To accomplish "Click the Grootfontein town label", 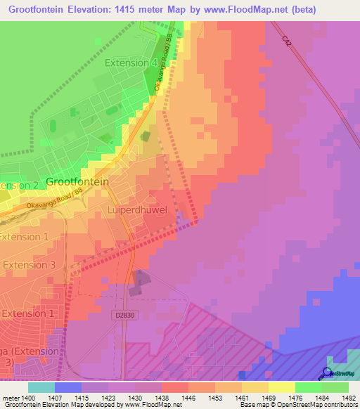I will [77, 181].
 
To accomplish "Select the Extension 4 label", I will [131, 63].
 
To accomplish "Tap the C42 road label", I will [287, 42].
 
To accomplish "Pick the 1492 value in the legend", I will [349, 398].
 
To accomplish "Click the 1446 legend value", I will [188, 398].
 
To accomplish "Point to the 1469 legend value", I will [269, 398].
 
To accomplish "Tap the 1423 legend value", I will [108, 398].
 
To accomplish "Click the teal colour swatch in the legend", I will [41, 387].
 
